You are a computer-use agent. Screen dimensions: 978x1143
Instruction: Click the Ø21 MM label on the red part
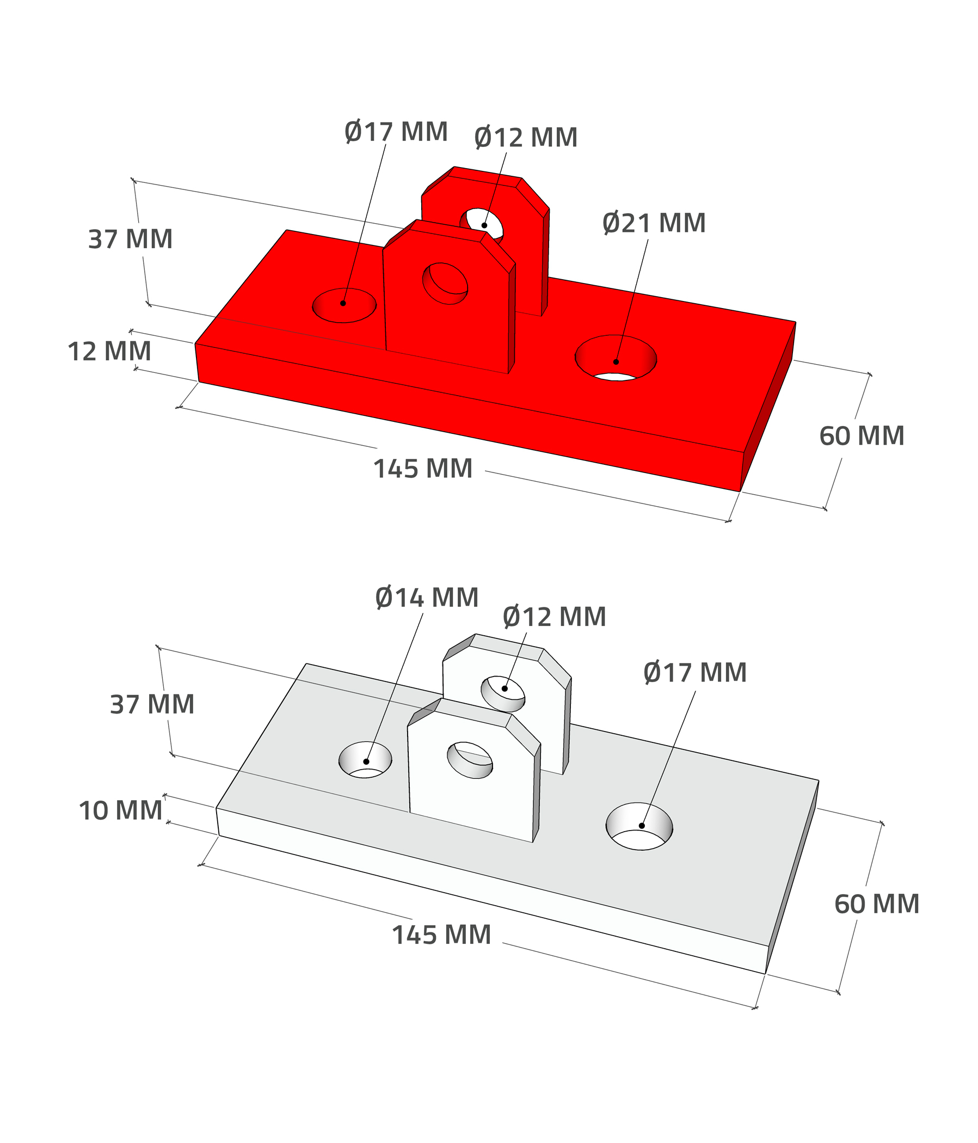point(654,223)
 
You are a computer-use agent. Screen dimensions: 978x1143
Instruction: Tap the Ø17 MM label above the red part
point(396,132)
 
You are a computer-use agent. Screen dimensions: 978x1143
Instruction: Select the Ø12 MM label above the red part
point(526,137)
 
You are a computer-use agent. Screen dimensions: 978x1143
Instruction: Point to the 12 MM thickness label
point(109,352)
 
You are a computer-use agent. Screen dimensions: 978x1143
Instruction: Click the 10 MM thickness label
point(120,810)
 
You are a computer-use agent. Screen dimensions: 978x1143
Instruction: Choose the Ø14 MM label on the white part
point(427,598)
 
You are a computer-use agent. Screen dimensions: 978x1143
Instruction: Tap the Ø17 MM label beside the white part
point(695,673)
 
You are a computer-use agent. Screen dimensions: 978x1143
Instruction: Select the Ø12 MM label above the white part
point(555,617)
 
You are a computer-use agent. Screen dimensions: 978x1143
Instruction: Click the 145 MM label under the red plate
point(423,469)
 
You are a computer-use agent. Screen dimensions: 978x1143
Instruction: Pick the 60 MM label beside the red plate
point(862,436)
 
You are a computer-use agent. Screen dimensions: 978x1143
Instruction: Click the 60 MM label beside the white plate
point(877,904)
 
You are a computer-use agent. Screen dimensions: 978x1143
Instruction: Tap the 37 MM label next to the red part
point(130,239)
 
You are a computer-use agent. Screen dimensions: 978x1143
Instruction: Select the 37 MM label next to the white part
point(152,704)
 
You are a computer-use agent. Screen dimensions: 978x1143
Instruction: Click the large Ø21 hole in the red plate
point(616,358)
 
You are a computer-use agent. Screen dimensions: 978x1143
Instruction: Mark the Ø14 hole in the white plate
point(365,760)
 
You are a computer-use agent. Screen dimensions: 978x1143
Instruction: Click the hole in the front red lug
point(445,284)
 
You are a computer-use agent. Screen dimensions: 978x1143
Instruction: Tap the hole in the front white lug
point(470,760)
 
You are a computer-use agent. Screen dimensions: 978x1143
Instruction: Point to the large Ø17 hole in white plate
point(639,826)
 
